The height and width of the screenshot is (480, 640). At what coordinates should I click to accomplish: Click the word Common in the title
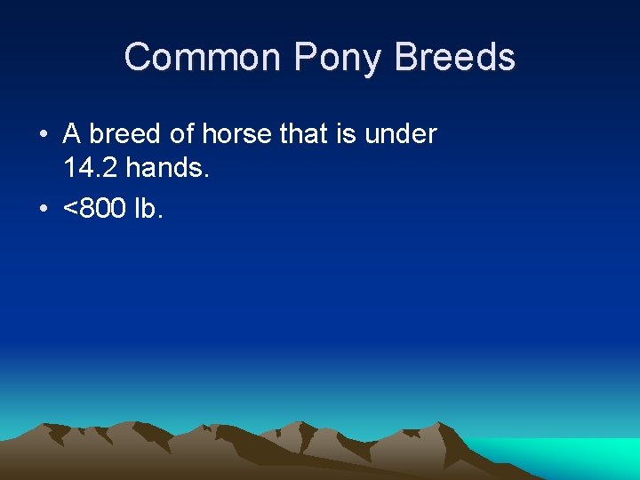(204, 58)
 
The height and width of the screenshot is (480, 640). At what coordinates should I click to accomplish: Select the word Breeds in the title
(455, 58)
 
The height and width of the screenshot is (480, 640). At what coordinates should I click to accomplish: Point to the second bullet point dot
(43, 209)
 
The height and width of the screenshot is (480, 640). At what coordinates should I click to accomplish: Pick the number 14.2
(92, 166)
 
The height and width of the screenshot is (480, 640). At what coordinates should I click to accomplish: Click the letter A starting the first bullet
(72, 134)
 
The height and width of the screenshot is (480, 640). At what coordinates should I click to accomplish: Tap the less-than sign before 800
(70, 209)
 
